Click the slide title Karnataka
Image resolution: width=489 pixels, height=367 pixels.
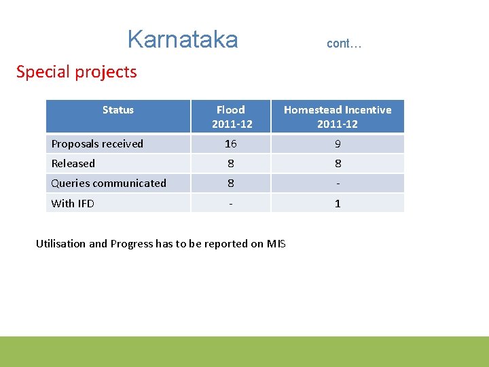coord(182,39)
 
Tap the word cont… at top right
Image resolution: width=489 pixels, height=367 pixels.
coord(344,43)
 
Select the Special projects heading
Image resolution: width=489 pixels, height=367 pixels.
coord(76,72)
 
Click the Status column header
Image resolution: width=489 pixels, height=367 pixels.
coord(118,110)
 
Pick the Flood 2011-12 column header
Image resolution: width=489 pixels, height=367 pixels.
coord(231,116)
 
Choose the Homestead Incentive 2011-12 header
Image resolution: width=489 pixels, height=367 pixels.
coord(338,116)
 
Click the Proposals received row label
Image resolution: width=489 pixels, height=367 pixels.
coord(97,144)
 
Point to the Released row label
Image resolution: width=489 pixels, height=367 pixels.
coord(73,164)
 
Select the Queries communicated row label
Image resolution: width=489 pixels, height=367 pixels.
coord(109,183)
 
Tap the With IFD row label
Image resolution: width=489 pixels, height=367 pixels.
coord(73,203)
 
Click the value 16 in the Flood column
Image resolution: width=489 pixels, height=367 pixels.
coord(231,144)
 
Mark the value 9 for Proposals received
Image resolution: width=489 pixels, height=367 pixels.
coord(338,144)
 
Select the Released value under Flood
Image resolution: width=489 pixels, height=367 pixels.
coord(231,164)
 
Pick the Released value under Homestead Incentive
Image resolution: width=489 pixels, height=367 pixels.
coord(338,164)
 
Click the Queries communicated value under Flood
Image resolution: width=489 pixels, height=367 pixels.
coord(231,183)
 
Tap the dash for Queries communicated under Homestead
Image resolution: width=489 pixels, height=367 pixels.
coord(338,183)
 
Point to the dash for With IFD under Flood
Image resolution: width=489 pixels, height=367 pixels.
coord(231,203)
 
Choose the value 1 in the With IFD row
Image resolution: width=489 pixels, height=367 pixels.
coord(338,203)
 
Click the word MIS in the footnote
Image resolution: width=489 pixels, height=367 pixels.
coord(276,244)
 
